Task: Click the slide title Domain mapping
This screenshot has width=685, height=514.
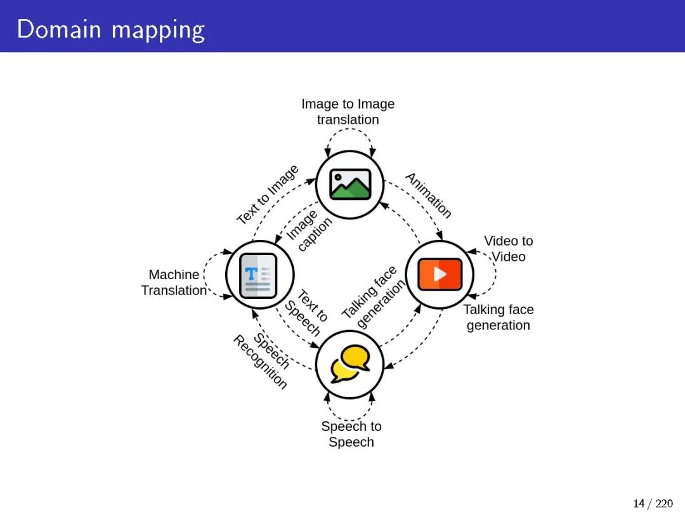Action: (111, 29)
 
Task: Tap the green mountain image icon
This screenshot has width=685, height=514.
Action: (350, 184)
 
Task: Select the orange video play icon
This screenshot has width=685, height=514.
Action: (440, 274)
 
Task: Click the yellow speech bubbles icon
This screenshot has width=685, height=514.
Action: (350, 364)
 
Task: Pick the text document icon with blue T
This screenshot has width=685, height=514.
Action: (259, 275)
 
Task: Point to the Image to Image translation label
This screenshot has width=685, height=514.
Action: (348, 112)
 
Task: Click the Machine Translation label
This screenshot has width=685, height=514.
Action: (174, 282)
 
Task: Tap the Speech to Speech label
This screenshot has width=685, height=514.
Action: (351, 434)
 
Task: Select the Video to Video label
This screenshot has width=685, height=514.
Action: (509, 249)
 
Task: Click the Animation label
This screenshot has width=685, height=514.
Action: (429, 195)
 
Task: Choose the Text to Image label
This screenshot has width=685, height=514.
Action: (267, 195)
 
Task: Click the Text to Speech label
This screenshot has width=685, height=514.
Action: (306, 313)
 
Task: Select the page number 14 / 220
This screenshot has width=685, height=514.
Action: (653, 503)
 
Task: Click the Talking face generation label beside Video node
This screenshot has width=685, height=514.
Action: (499, 317)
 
